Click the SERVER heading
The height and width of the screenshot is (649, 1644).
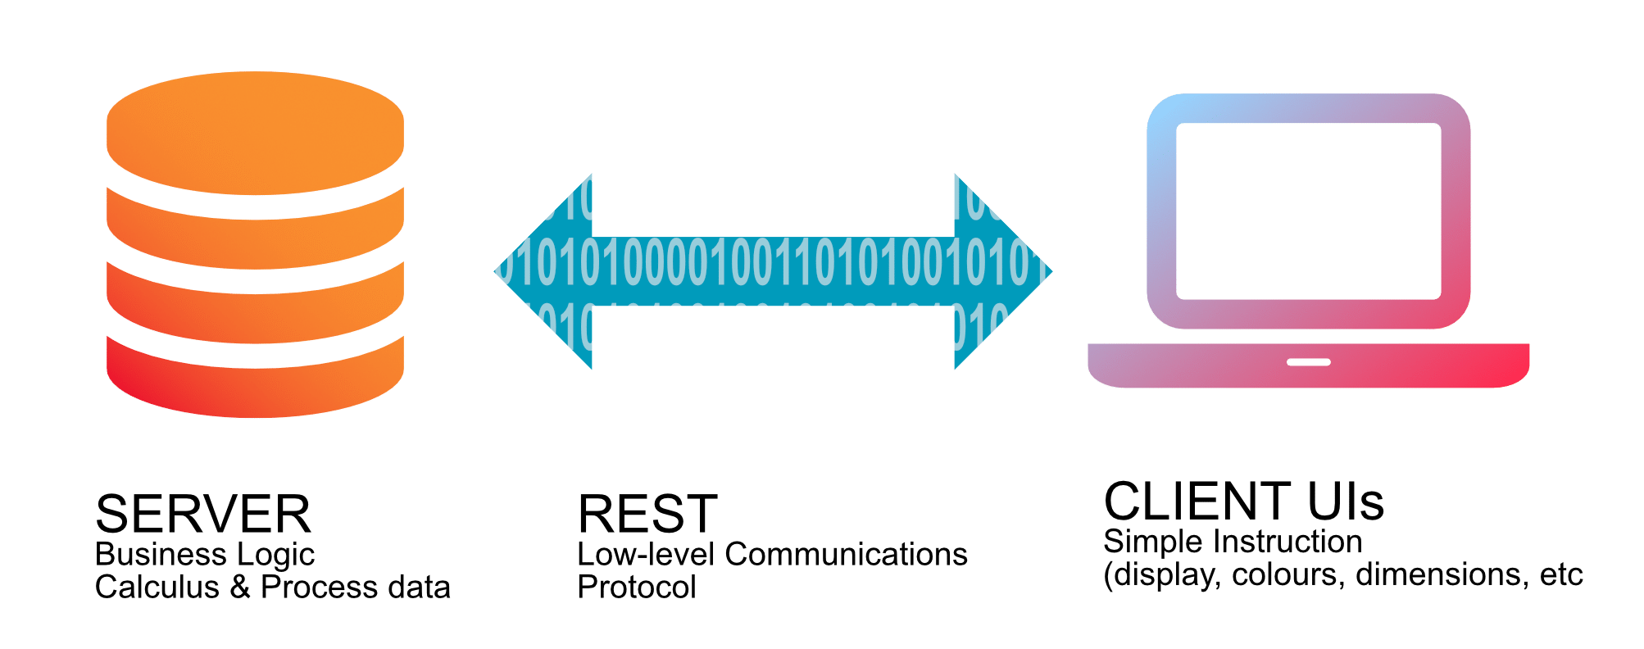[202, 515]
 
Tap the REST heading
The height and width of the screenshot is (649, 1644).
[647, 515]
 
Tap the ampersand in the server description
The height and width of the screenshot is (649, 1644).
[240, 587]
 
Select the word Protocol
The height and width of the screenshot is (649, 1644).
[637, 587]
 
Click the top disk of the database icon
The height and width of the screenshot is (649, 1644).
[255, 131]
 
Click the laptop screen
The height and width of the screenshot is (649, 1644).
[1308, 211]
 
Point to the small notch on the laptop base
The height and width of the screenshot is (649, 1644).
[1308, 361]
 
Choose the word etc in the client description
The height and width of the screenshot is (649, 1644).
[1561, 574]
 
